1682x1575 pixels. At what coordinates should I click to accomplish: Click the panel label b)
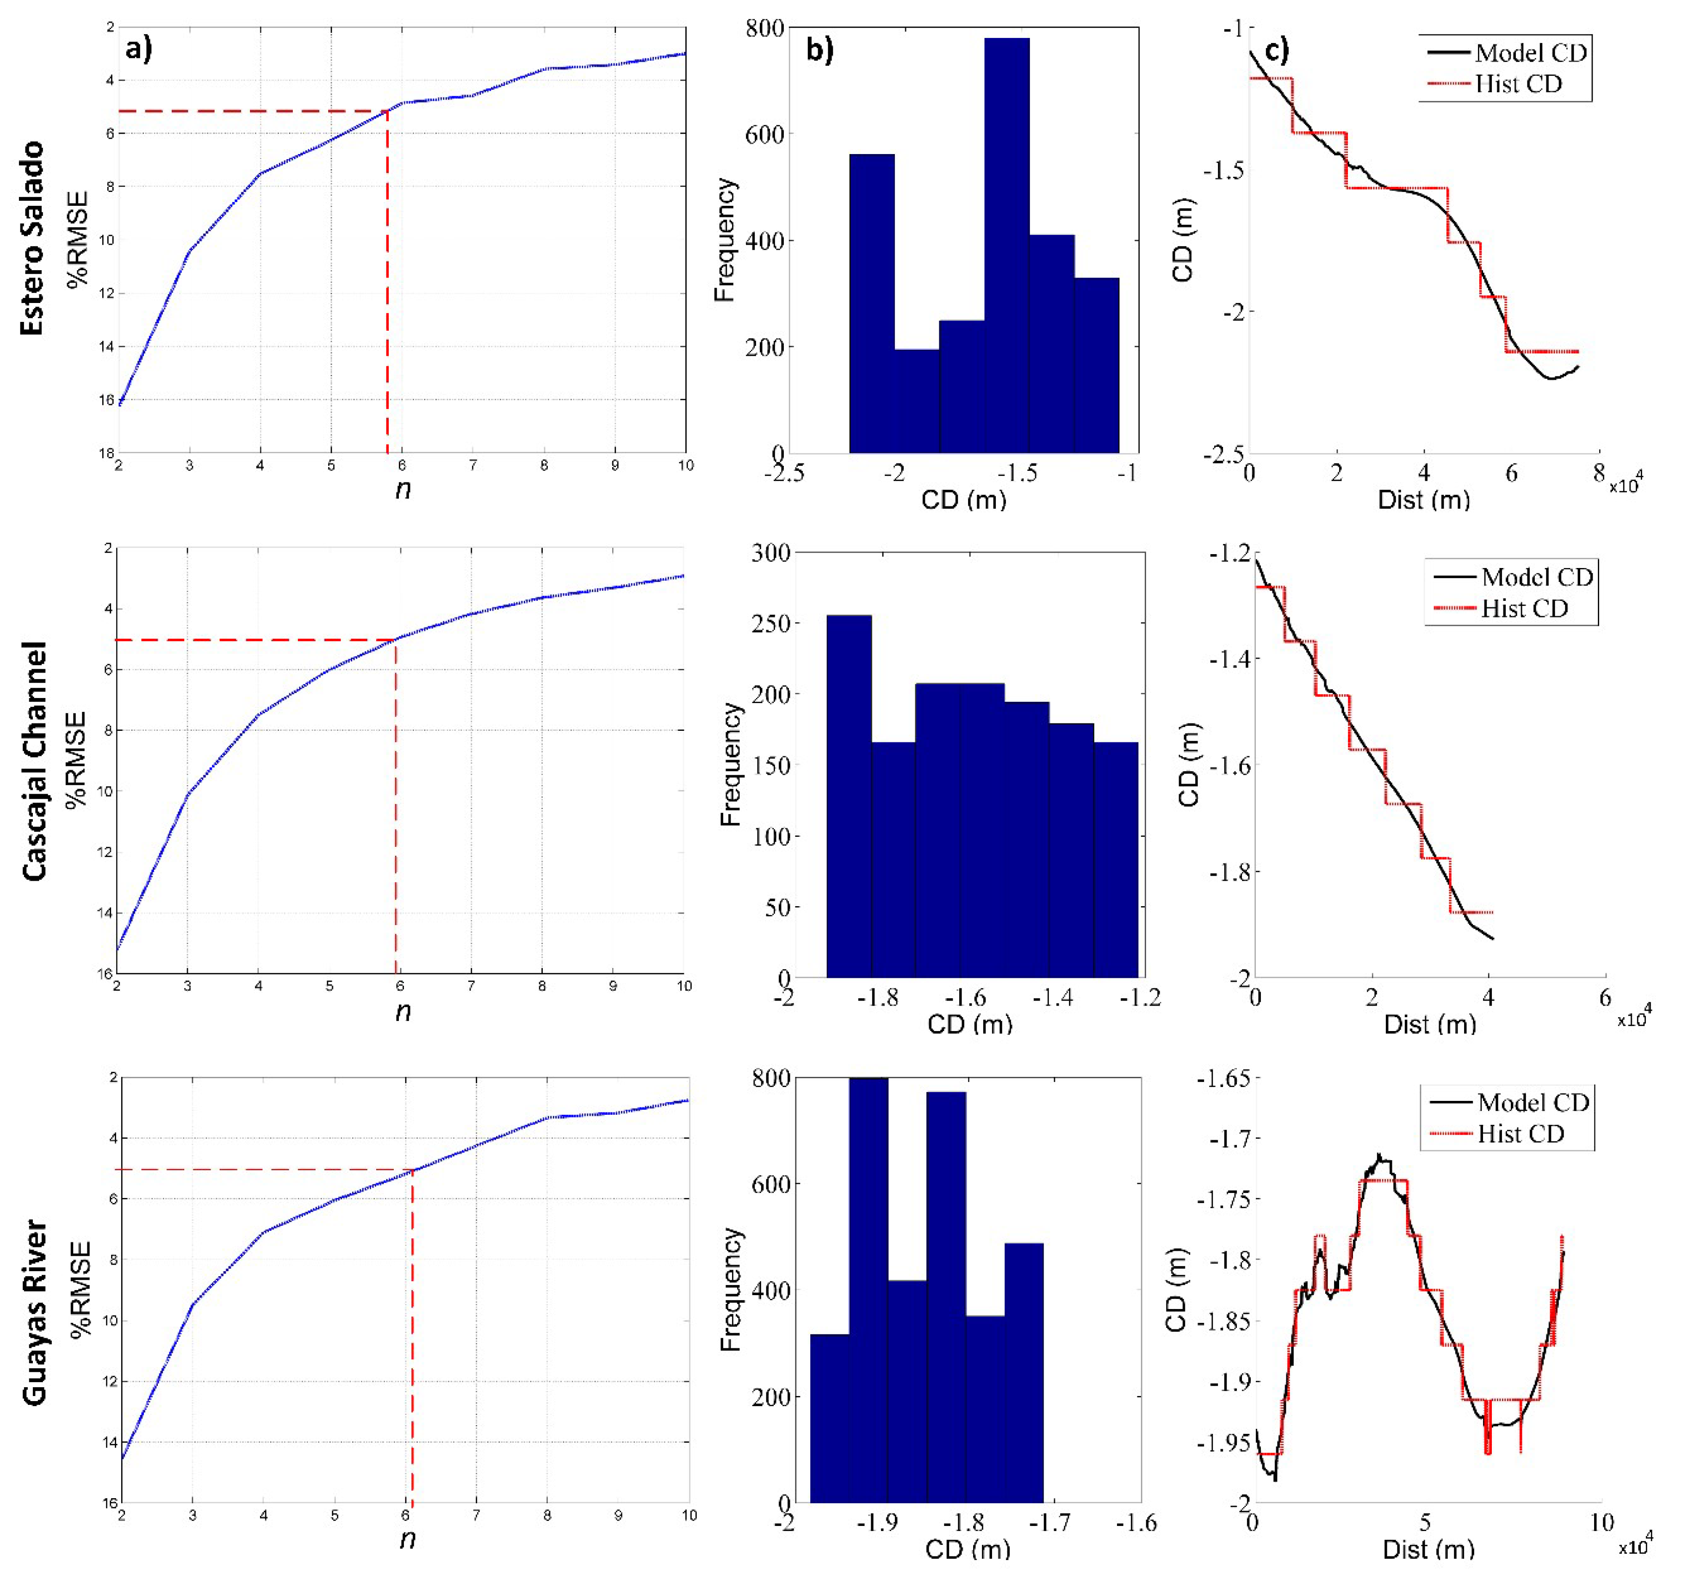(819, 51)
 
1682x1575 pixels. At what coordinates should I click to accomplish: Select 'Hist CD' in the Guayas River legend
(1521, 1134)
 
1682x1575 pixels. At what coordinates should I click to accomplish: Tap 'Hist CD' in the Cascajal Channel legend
(1525, 609)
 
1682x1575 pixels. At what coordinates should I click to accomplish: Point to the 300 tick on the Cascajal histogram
(770, 553)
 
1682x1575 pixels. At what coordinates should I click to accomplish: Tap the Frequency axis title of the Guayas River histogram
(729, 1289)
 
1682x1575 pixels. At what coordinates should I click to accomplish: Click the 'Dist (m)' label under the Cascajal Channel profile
(1430, 1025)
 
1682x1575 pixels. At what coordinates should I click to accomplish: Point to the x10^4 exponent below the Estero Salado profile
(1625, 486)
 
